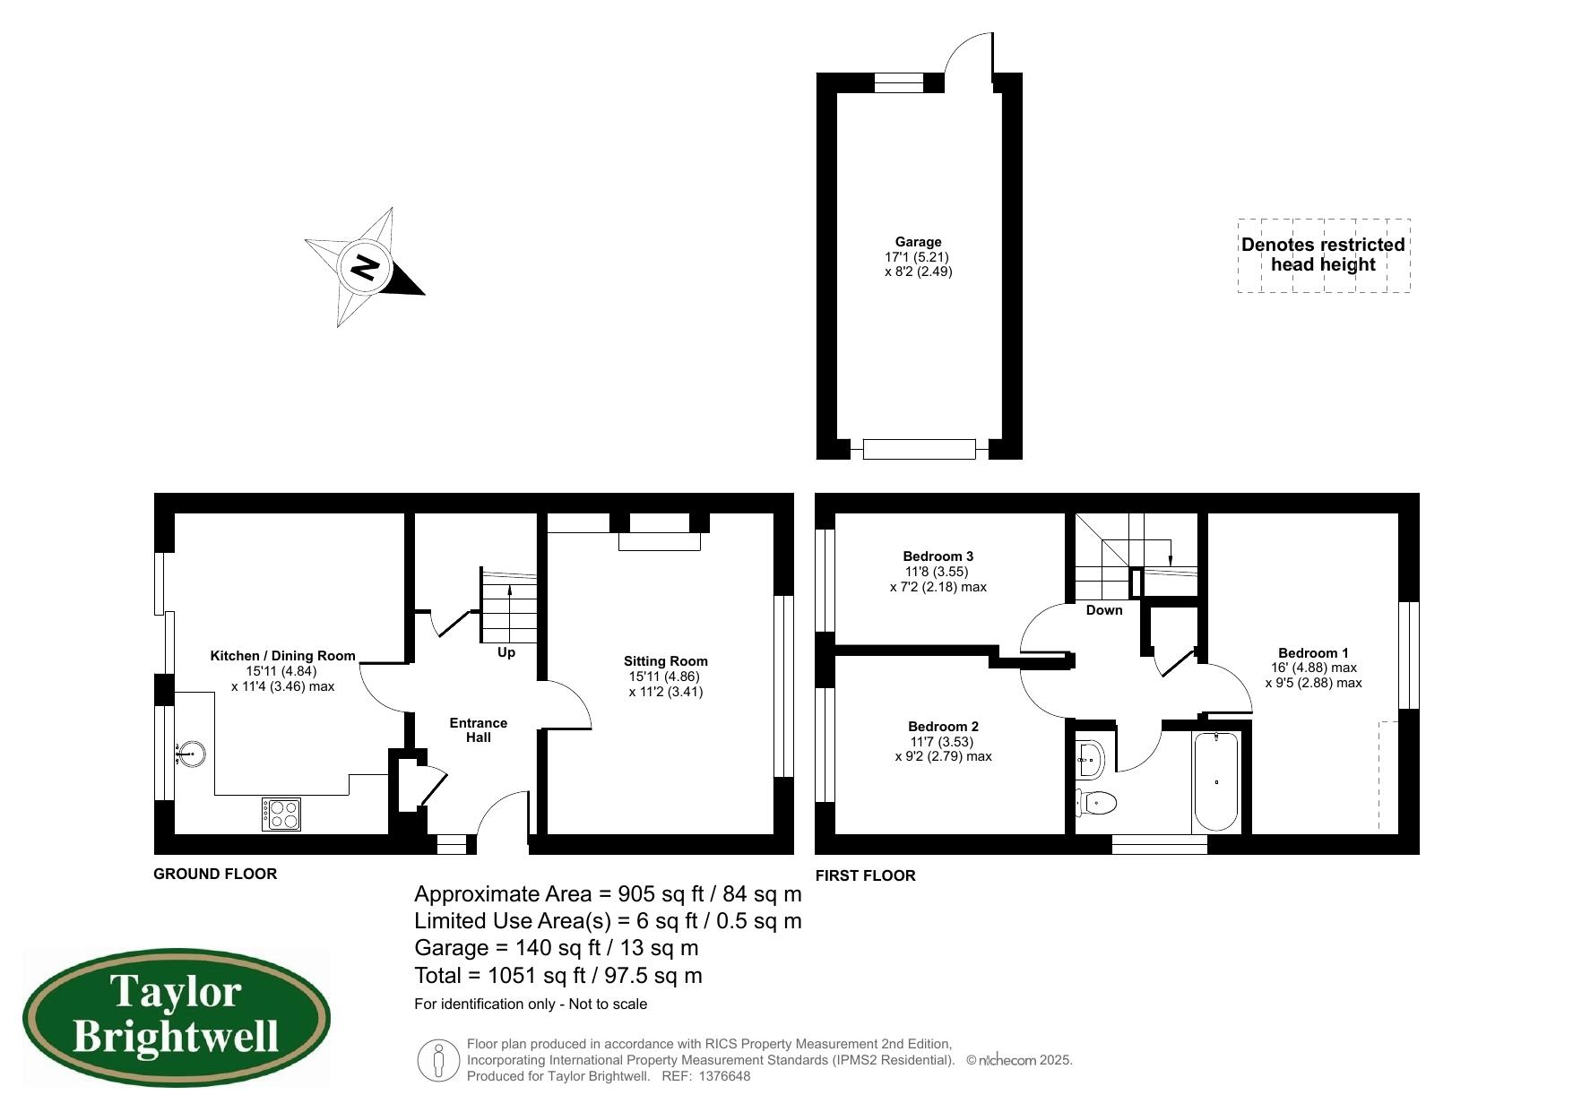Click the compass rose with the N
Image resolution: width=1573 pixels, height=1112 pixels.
[364, 267]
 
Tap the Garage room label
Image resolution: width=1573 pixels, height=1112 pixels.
[918, 242]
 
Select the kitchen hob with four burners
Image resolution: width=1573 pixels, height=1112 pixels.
[282, 814]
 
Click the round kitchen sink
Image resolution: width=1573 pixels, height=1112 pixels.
[191, 754]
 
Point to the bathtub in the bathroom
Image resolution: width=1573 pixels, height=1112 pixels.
[1216, 781]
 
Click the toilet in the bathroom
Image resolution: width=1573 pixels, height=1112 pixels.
[1097, 803]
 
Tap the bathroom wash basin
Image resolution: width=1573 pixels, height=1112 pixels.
[1090, 758]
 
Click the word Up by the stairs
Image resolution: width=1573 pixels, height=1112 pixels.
[506, 652]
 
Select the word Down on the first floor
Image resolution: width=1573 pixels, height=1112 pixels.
[1103, 610]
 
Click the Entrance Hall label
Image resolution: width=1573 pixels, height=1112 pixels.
[478, 729]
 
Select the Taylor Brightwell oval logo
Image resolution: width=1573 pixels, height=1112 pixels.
[176, 1018]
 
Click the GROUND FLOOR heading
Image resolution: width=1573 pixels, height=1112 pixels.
[215, 874]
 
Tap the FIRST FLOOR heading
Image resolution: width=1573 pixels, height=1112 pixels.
[865, 875]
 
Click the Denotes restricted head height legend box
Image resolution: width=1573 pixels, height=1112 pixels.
[1323, 254]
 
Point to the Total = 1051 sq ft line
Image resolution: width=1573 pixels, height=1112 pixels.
[557, 976]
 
